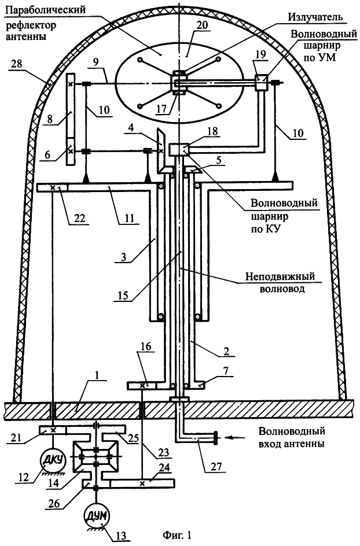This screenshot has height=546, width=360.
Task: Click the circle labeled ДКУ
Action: coord(53,460)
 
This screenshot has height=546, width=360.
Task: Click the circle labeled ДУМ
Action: coord(97,512)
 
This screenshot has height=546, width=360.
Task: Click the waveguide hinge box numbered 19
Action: coord(262,83)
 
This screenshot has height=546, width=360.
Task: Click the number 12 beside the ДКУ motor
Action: coord(23,478)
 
